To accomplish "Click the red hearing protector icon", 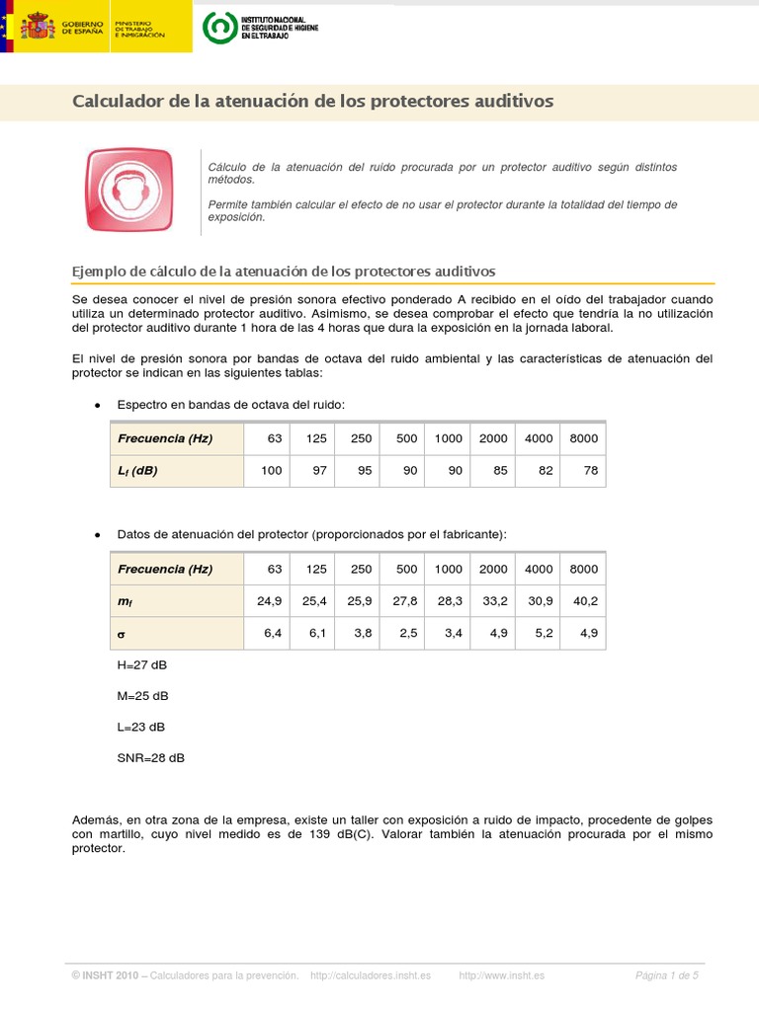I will (128, 191).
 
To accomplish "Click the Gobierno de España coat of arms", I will (38, 26).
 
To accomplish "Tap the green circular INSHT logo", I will (219, 28).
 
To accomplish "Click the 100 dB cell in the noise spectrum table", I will (271, 471).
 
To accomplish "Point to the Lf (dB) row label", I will (137, 471).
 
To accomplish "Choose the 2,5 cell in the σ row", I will (407, 634).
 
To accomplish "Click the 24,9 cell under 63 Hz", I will (270, 601).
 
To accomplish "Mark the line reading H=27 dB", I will (142, 664).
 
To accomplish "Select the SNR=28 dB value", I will (150, 758).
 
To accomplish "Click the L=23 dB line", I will (141, 727).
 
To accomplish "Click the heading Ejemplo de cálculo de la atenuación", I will (285, 271).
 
